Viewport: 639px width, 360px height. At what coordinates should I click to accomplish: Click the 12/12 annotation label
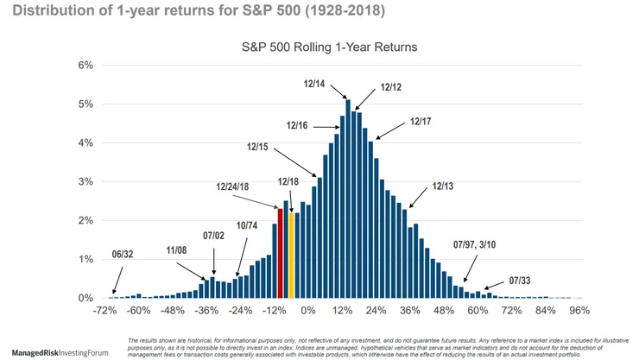[x=390, y=87]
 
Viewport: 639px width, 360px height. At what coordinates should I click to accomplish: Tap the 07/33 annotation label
[x=521, y=281]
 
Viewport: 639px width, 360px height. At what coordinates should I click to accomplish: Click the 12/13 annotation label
[x=442, y=186]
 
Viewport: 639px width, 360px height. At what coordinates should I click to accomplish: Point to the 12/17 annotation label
[x=421, y=122]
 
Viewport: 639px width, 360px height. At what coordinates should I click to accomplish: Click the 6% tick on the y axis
[x=85, y=66]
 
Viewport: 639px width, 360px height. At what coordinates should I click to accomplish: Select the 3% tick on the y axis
[x=85, y=182]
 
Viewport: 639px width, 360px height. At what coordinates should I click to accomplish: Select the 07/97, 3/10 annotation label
[x=475, y=244]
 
